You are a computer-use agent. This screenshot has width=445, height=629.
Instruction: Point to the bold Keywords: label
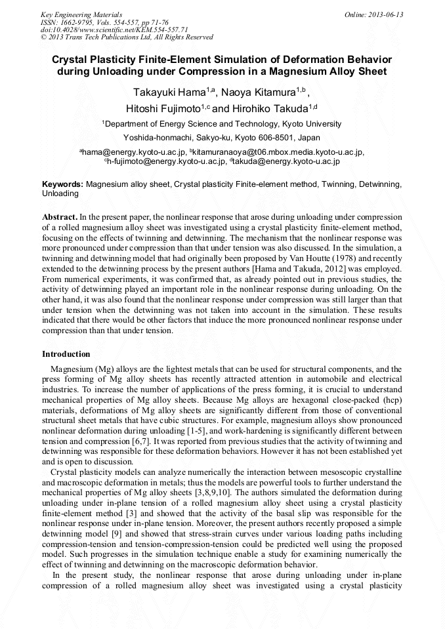[x=62, y=185]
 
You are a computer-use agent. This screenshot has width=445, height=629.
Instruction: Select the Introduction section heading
[x=66, y=354]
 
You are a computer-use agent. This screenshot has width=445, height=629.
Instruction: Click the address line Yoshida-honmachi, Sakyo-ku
[x=221, y=138]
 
